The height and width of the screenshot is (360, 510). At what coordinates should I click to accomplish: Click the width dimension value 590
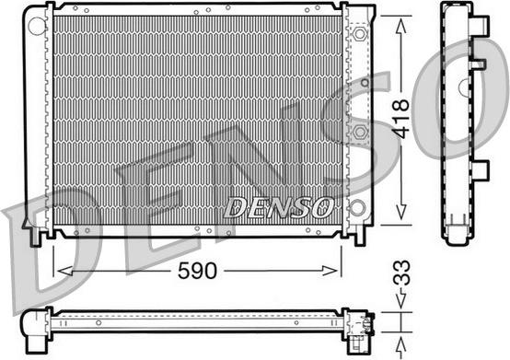pyautogui.click(x=197, y=271)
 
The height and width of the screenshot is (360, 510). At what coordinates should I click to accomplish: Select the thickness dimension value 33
pyautogui.click(x=402, y=273)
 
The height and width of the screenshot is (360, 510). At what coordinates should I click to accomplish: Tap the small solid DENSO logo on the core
pyautogui.click(x=279, y=207)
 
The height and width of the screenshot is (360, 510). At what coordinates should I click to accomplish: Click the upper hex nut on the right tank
pyautogui.click(x=359, y=34)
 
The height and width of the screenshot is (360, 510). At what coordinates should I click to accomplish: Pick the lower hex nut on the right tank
pyautogui.click(x=359, y=132)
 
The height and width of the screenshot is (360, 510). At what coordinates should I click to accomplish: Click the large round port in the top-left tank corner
pyautogui.click(x=36, y=26)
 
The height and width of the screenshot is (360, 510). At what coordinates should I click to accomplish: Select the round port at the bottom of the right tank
pyautogui.click(x=357, y=207)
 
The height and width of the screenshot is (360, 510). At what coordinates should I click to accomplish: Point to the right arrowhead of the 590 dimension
pyautogui.click(x=330, y=271)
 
